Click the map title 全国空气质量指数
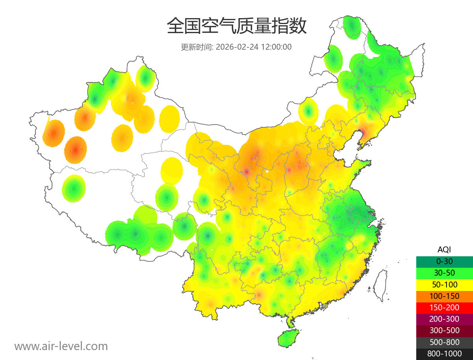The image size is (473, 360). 236,26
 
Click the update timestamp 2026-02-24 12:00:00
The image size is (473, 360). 254,47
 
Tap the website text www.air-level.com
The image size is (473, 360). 61,346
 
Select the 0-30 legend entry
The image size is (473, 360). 444,261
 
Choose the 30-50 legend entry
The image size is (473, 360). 444,273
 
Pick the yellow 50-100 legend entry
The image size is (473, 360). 444,284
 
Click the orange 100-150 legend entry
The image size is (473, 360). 444,296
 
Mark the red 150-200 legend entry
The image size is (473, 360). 444,308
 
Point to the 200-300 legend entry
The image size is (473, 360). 444,319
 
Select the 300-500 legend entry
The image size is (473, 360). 444,330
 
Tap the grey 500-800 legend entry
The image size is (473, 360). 444,342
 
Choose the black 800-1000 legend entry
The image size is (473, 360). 444,354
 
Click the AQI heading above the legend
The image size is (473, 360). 444,250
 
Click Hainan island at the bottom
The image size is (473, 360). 288,338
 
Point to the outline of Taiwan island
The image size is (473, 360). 380,285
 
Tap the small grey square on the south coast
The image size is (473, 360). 324,306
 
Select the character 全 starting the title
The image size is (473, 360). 175,26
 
